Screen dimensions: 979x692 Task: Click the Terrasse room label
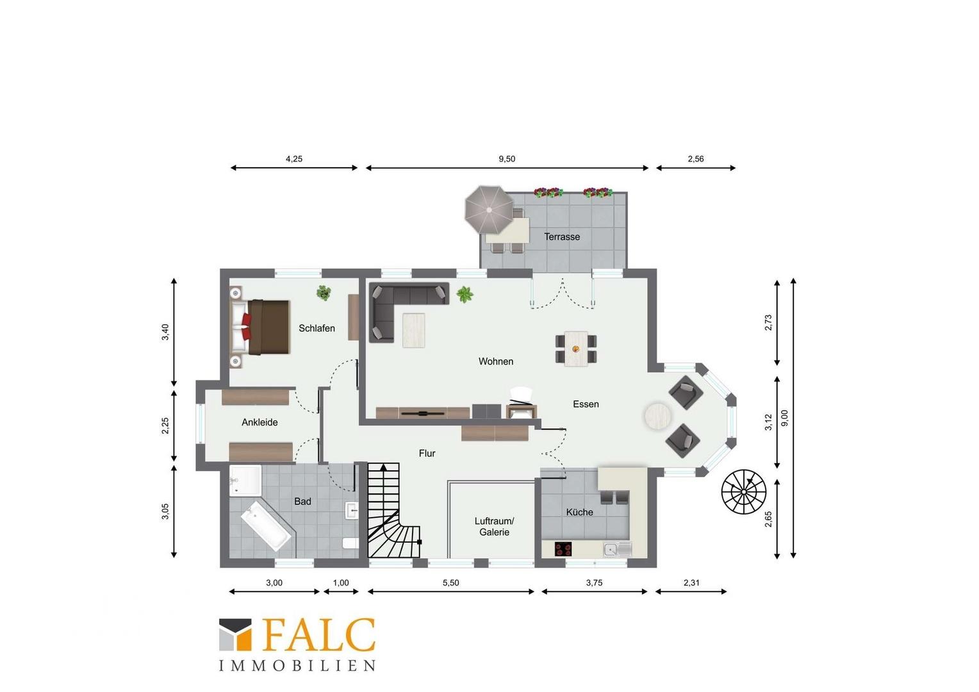pos(562,236)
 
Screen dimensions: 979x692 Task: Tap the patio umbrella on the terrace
pos(489,210)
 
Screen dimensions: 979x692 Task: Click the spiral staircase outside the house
pos(743,492)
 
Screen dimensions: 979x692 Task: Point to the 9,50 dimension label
pos(507,159)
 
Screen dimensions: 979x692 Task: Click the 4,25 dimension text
pos(294,159)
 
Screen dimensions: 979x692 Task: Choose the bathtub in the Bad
pos(266,526)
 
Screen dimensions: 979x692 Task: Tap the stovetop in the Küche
pos(563,548)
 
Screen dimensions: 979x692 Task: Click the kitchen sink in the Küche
pos(618,549)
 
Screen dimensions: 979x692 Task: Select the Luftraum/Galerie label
pos(495,526)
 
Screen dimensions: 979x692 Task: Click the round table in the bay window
pos(657,416)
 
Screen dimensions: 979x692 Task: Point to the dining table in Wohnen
pos(576,349)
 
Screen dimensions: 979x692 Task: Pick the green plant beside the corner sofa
pos(465,294)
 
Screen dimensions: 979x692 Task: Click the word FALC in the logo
pos(318,635)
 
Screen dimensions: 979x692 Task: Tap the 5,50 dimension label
pos(451,582)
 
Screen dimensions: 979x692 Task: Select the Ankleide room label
pos(259,422)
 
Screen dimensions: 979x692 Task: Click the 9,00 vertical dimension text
pos(785,418)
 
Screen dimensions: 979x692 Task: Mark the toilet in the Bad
pos(350,543)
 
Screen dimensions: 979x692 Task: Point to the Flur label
pos(427,453)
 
